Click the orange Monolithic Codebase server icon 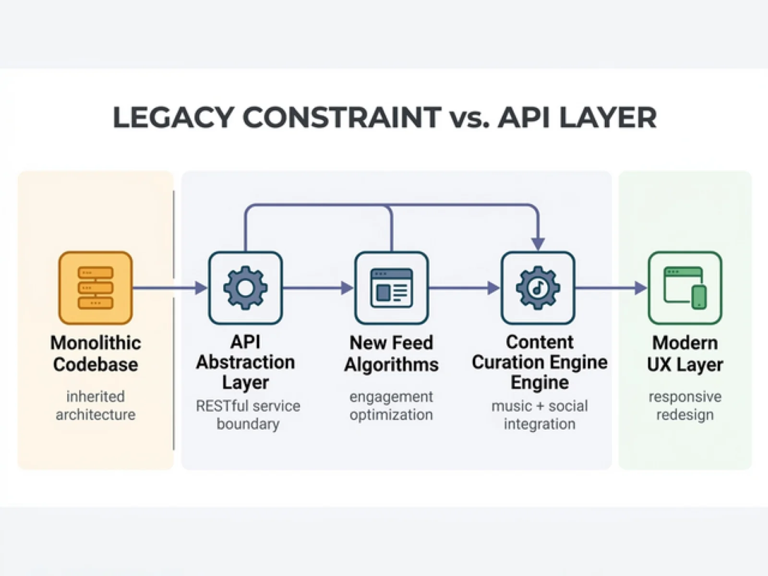[x=96, y=288]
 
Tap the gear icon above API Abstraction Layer [x=246, y=288]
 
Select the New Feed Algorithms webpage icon [x=392, y=288]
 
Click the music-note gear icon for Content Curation [x=538, y=288]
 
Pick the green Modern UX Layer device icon [x=685, y=288]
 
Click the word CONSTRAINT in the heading [x=341, y=118]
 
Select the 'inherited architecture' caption [x=96, y=406]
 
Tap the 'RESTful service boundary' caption [x=248, y=415]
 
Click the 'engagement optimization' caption [x=391, y=406]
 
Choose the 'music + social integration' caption [x=540, y=415]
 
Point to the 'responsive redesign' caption [x=685, y=406]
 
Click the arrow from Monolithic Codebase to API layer [x=170, y=288]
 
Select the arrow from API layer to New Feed [x=318, y=288]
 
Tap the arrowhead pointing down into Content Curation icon [x=538, y=244]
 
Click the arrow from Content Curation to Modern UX [x=611, y=288]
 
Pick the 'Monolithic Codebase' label [x=96, y=354]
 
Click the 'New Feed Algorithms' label [x=391, y=354]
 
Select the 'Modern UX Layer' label [x=685, y=354]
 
